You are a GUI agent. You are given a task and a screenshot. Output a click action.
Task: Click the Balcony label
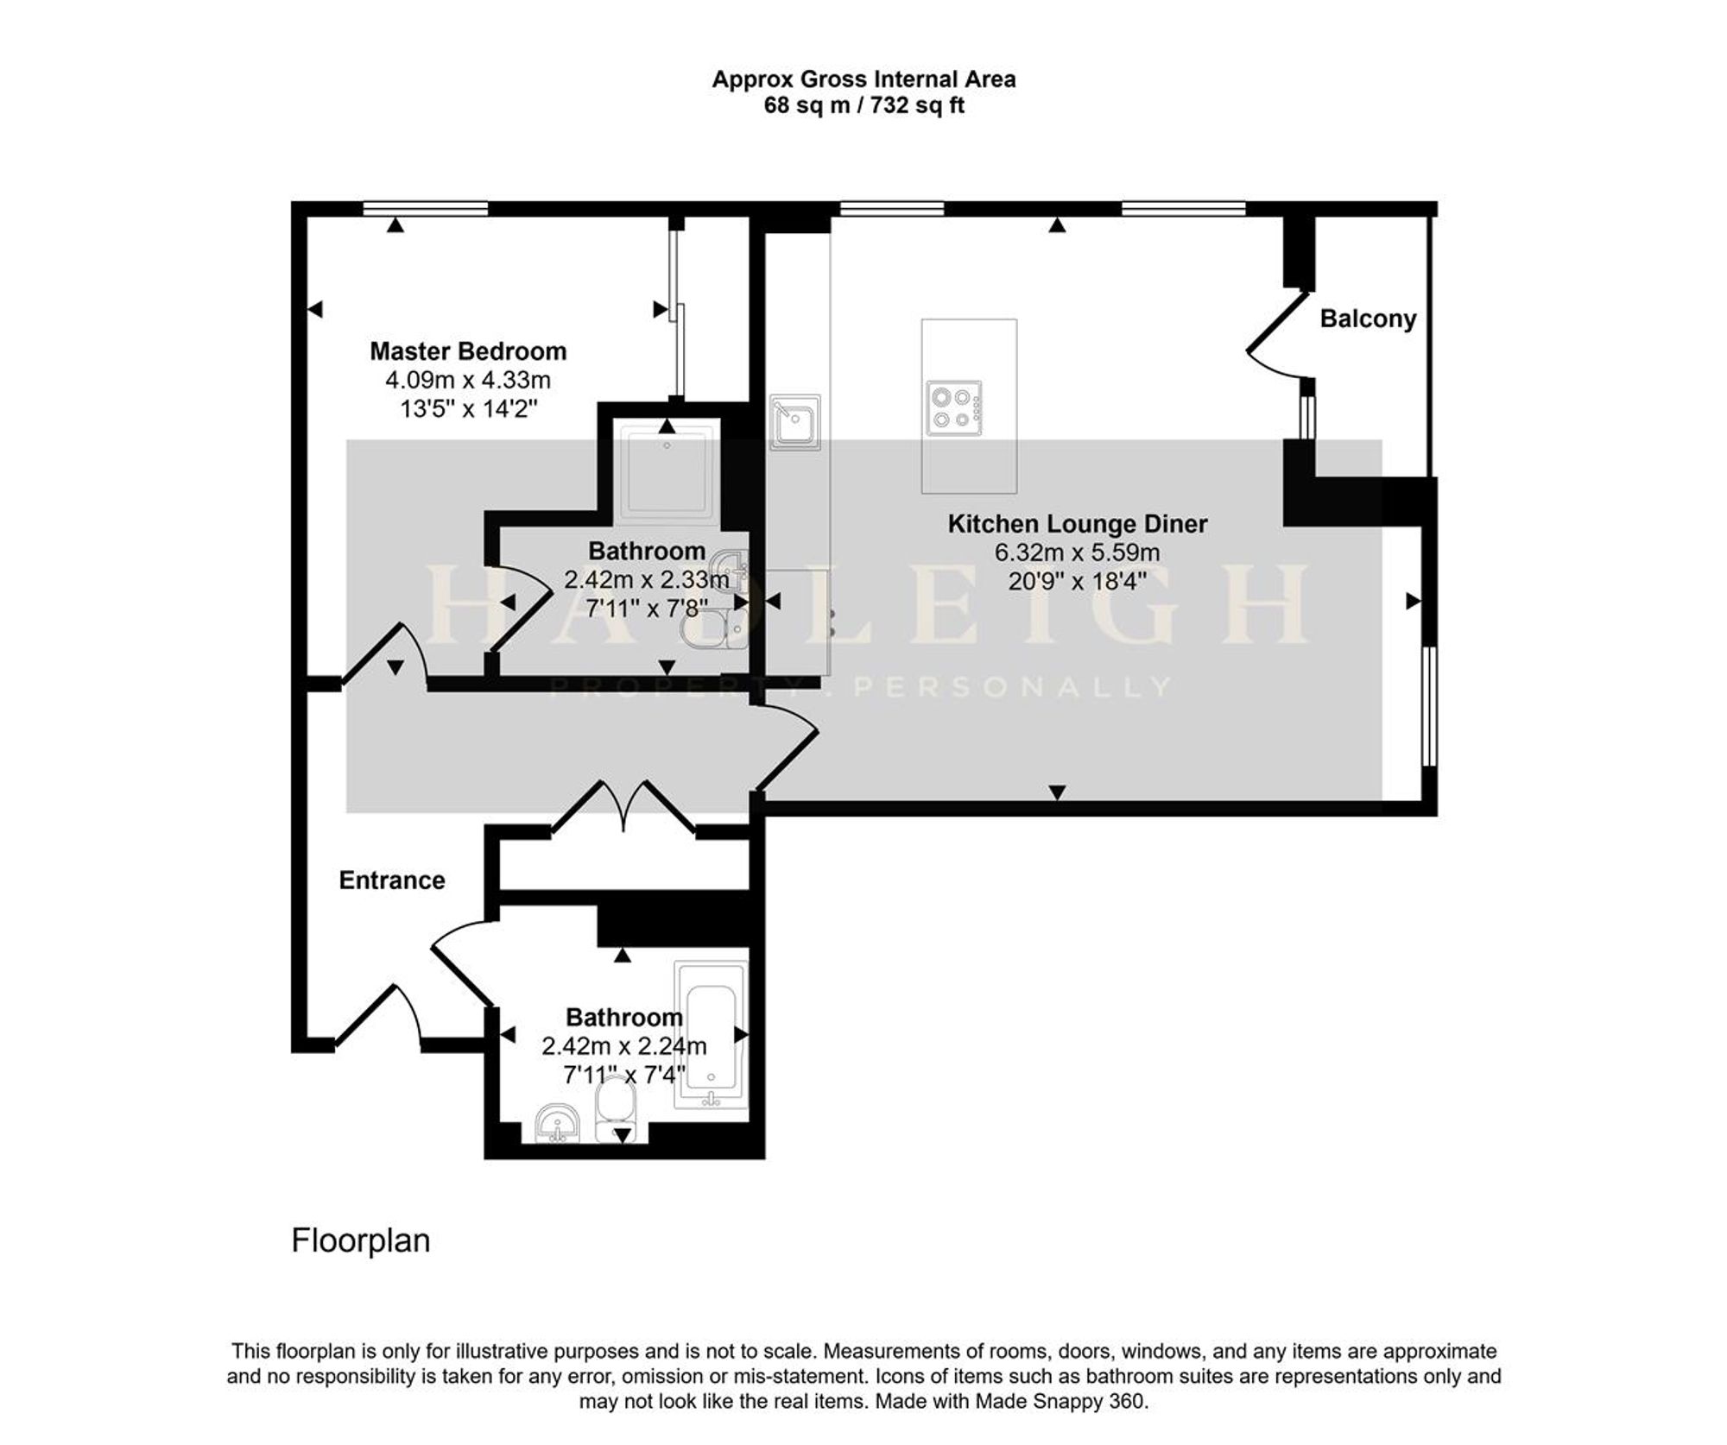1368,319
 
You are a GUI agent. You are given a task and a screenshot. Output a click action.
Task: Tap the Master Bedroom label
468,351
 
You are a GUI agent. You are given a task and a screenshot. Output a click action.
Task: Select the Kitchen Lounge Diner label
1078,524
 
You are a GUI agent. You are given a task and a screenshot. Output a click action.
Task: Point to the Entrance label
392,880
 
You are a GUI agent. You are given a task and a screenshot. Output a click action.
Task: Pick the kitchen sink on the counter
795,423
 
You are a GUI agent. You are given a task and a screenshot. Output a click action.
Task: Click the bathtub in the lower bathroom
712,1034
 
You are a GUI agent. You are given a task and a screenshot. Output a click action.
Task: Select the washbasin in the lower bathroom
558,1124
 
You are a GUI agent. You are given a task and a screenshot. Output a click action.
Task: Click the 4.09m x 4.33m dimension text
468,380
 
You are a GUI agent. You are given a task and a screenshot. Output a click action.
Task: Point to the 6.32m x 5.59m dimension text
1078,552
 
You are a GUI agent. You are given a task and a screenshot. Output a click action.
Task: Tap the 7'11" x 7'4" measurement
623,1076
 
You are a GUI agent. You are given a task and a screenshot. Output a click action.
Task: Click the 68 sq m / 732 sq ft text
863,106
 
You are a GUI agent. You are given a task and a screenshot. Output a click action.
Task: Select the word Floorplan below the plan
361,1240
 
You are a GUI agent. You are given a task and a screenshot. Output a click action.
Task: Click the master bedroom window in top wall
425,208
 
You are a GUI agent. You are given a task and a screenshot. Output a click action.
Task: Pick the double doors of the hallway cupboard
623,806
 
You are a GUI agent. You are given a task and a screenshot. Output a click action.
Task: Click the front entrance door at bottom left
378,1017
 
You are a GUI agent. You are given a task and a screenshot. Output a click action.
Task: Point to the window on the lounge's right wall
1430,706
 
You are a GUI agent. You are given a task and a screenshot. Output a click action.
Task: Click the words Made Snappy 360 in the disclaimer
1060,1400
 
